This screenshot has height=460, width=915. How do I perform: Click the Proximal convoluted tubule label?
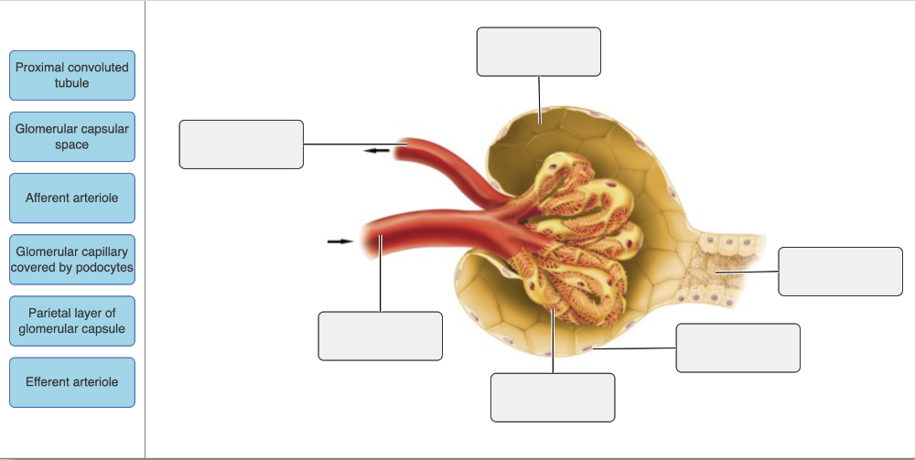(x=72, y=75)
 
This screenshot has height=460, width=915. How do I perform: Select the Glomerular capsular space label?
(x=72, y=137)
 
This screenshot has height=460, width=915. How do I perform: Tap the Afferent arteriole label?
(x=72, y=198)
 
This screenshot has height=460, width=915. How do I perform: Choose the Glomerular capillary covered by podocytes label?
(x=72, y=260)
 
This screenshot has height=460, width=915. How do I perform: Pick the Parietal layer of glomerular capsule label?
(x=72, y=321)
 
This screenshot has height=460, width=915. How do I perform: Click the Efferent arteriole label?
(x=72, y=382)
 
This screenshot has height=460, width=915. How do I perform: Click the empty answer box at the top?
(x=538, y=51)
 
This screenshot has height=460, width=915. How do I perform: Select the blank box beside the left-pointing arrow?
(x=241, y=144)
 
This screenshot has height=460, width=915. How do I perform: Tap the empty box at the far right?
(x=840, y=271)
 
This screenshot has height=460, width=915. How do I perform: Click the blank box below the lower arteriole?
(x=380, y=336)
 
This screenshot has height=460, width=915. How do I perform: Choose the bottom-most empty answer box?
(x=552, y=397)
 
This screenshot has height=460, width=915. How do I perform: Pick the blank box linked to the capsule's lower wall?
(x=737, y=348)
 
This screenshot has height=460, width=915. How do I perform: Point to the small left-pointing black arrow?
(x=375, y=151)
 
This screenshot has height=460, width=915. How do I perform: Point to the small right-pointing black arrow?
(x=339, y=241)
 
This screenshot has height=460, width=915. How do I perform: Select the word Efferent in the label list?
(x=48, y=382)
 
